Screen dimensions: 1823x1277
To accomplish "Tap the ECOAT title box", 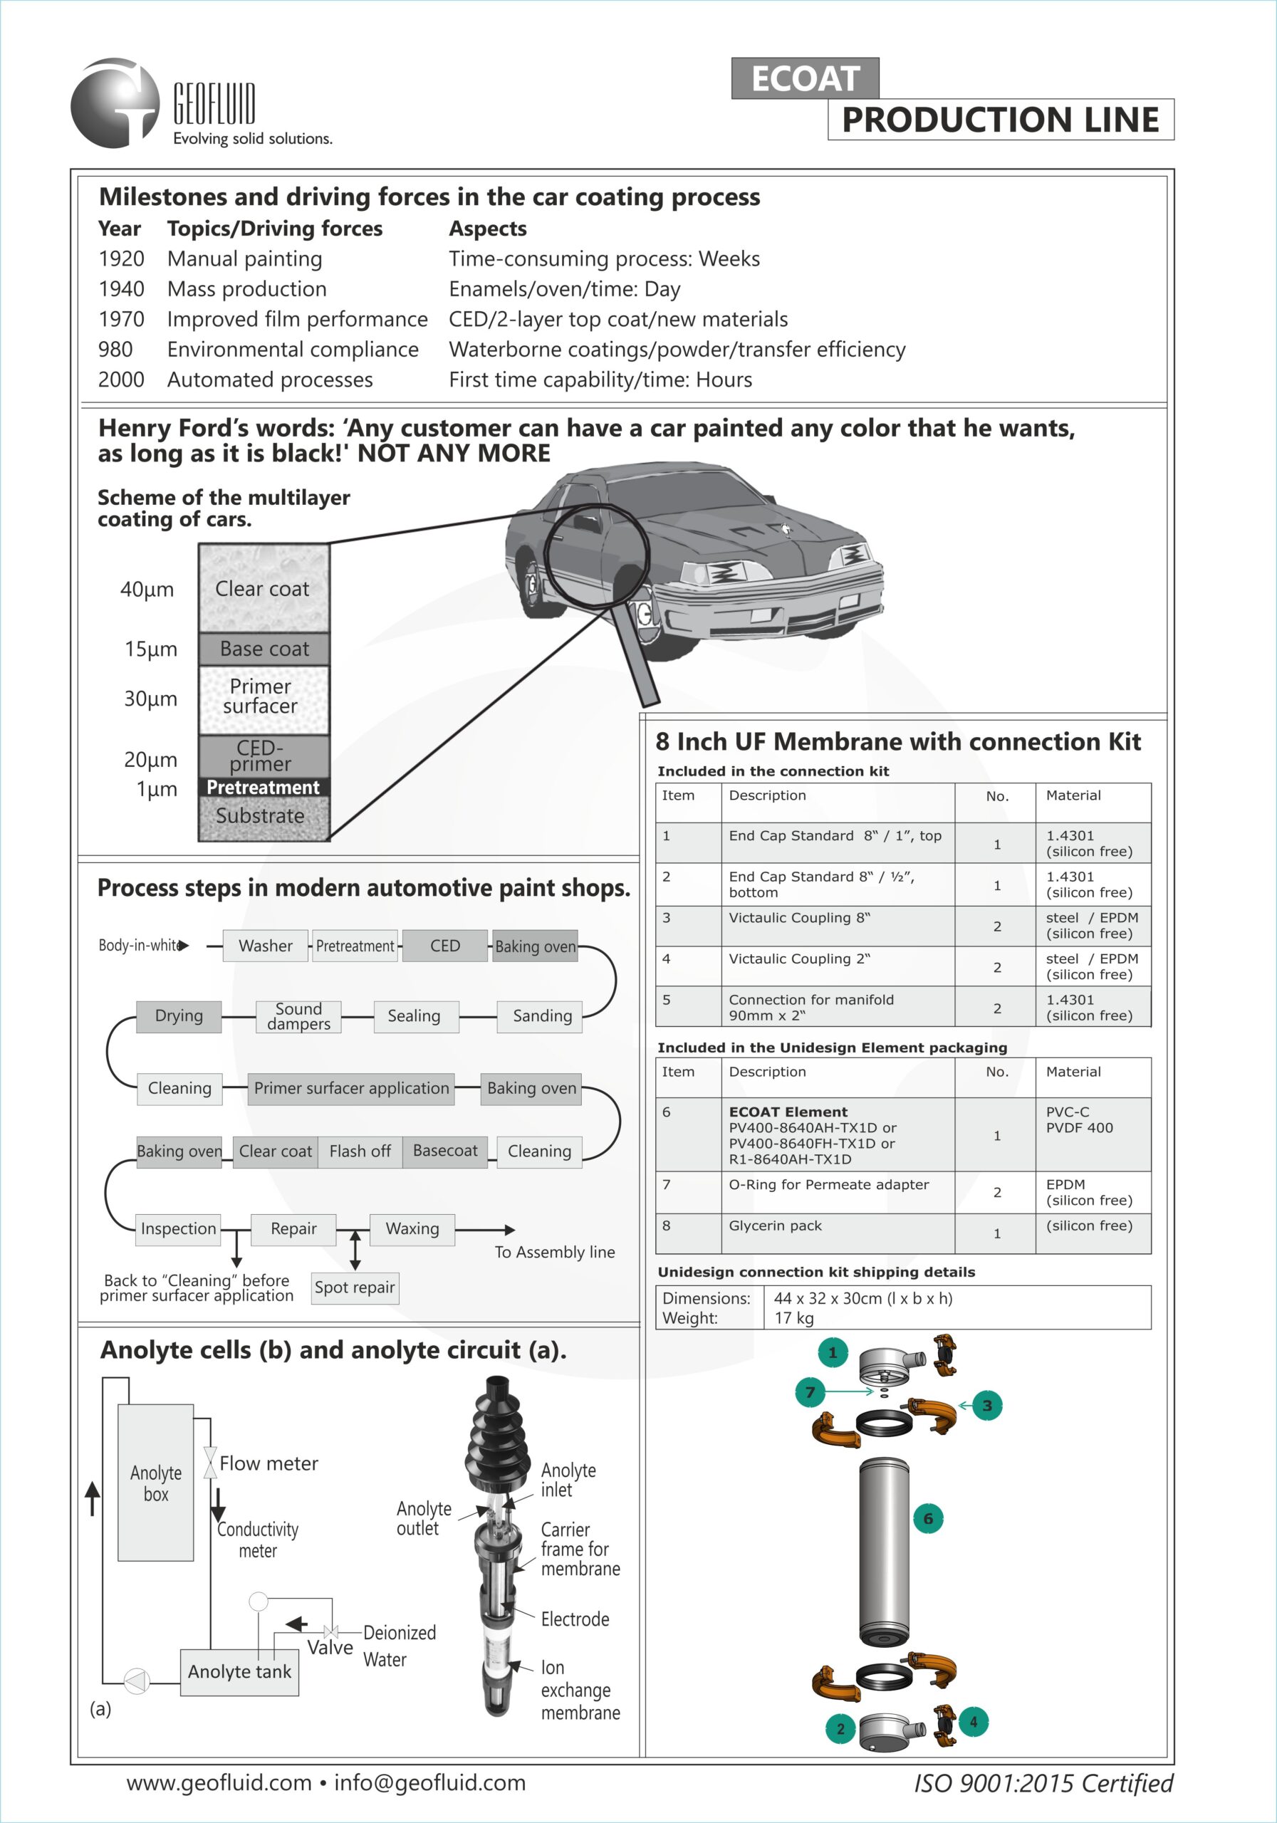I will [805, 78].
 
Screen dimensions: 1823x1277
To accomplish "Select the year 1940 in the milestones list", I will [122, 289].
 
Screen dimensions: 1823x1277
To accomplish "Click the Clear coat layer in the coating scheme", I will [263, 588].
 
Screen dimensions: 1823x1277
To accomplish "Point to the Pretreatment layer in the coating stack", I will [263, 787].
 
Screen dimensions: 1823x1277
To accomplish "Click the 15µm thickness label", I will [150, 649].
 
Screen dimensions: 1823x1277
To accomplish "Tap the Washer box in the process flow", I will [265, 946].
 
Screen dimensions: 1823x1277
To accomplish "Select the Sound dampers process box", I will [298, 1016].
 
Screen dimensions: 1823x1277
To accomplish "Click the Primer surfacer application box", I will [351, 1088].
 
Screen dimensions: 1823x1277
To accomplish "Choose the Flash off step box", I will [360, 1151].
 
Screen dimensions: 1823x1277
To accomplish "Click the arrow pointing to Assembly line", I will [509, 1230].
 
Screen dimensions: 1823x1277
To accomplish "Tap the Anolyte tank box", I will [239, 1671].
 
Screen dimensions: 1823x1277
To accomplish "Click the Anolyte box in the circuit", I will [156, 1483].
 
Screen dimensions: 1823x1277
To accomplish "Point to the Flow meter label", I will [269, 1463].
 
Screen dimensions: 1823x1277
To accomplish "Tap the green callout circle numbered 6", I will [927, 1519].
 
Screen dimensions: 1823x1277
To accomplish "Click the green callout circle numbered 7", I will [810, 1392].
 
